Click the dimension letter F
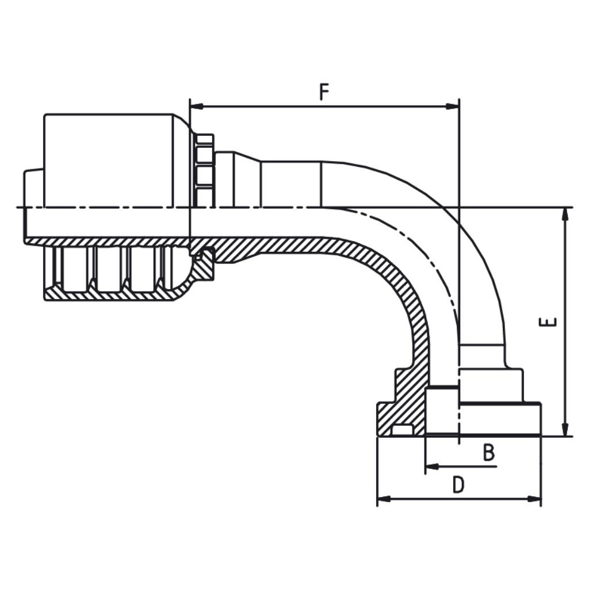(x=325, y=92)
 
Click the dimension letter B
(x=488, y=453)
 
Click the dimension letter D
(x=458, y=485)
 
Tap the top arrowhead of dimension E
(x=565, y=213)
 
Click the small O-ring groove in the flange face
(x=401, y=430)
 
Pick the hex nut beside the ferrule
(x=204, y=170)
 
